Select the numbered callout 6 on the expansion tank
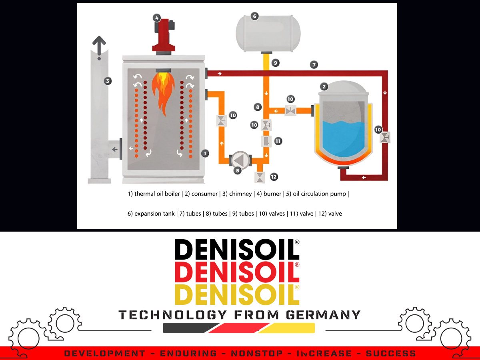click(x=254, y=16)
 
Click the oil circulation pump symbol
click(x=240, y=160)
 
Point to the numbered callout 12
click(x=274, y=176)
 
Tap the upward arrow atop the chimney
click(x=99, y=44)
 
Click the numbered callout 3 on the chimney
click(x=107, y=81)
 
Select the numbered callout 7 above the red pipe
click(x=314, y=64)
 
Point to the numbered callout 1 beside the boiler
click(x=205, y=153)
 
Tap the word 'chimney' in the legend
click(x=240, y=194)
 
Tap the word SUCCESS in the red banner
click(x=390, y=354)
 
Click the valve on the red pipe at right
click(x=385, y=138)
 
